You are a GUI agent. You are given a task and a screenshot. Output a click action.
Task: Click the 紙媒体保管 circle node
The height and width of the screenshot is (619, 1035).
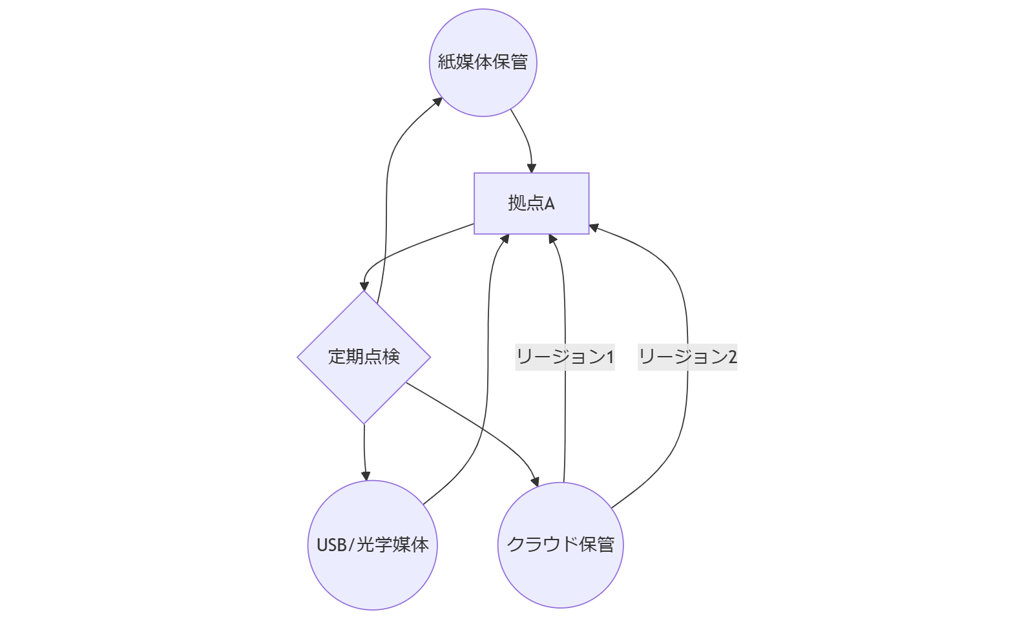(x=483, y=63)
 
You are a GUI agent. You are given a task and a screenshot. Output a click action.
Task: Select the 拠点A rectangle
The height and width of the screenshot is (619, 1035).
(x=531, y=203)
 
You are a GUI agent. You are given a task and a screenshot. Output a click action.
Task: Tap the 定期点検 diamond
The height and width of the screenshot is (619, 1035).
(x=364, y=357)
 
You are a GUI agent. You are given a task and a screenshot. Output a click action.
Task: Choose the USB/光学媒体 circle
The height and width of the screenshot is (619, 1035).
(x=372, y=545)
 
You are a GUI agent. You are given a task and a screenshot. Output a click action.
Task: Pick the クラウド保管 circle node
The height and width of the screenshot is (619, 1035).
(x=560, y=545)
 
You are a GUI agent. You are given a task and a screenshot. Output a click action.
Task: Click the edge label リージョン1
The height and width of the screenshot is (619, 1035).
(x=565, y=357)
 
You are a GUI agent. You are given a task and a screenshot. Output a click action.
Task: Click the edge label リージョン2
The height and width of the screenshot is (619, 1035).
(x=687, y=357)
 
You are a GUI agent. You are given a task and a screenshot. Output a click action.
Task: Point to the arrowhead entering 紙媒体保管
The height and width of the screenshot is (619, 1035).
(x=438, y=101)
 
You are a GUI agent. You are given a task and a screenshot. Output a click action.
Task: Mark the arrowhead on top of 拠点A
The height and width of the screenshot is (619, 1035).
(x=532, y=168)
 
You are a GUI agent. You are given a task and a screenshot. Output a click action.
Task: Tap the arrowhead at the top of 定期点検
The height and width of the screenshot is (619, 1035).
(x=364, y=286)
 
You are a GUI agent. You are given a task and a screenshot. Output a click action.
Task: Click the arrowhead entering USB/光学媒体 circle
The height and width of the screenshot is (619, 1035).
(x=366, y=476)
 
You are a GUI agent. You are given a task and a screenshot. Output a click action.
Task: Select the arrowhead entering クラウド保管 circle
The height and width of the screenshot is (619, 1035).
(x=535, y=481)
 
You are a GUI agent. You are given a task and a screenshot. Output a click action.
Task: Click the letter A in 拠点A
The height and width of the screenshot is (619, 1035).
(x=549, y=204)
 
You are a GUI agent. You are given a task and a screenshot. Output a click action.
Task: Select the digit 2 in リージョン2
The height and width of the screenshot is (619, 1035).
(x=733, y=357)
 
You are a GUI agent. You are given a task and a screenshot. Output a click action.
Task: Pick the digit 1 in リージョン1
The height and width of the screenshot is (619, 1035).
(x=610, y=357)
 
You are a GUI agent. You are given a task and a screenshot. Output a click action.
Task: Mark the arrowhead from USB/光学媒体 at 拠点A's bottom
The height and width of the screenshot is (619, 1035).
(x=505, y=238)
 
